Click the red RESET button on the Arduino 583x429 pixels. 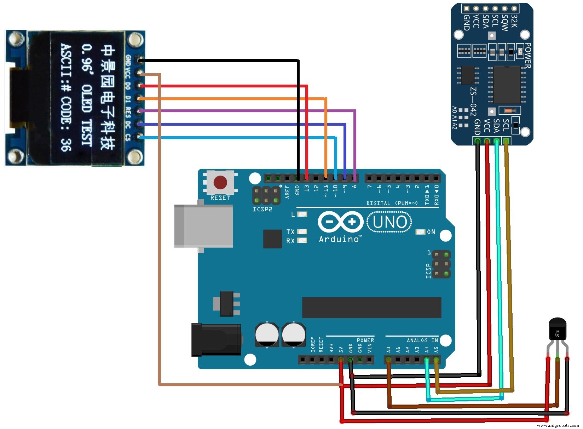click(220, 183)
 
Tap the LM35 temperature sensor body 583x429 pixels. click(557, 329)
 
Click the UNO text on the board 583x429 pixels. click(389, 222)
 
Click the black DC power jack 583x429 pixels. click(216, 339)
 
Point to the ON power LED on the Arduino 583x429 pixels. click(420, 232)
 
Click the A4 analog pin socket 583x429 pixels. click(426, 360)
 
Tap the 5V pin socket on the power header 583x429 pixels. click(341, 360)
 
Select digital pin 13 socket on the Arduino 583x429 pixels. click(306, 178)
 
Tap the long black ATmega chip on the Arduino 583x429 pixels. click(371, 308)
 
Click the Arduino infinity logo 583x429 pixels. click(340, 222)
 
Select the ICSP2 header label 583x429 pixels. click(262, 210)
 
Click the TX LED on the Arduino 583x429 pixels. click(302, 231)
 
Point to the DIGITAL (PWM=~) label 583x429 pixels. click(392, 203)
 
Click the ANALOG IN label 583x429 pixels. click(422, 340)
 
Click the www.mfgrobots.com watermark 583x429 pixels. click(558, 425)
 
